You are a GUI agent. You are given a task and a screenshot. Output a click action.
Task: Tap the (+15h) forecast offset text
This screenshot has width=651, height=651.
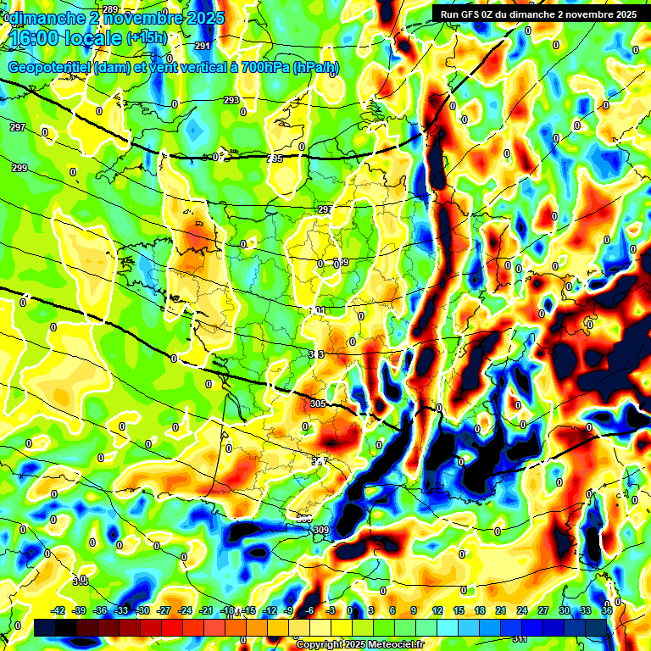click(147, 38)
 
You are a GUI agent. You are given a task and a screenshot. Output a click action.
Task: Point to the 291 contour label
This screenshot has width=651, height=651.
click(203, 46)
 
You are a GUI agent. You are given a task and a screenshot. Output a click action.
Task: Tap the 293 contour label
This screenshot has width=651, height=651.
click(231, 100)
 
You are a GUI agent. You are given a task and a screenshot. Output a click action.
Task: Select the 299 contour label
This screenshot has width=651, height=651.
click(19, 168)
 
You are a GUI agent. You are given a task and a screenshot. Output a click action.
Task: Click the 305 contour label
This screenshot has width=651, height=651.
click(318, 403)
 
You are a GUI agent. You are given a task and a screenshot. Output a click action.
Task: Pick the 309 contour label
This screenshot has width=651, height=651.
click(320, 530)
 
